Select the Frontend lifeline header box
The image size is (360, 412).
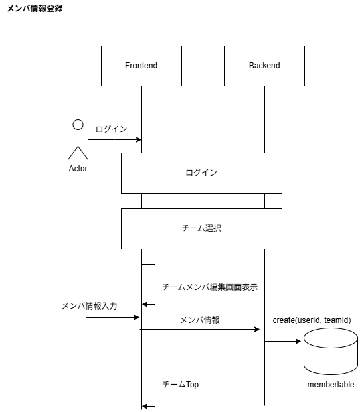[141, 66]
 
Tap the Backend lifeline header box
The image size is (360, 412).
[264, 66]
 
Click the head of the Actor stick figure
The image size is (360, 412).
[78, 125]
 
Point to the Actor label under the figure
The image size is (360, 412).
[78, 169]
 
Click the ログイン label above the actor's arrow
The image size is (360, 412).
[111, 129]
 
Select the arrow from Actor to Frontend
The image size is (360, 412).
[114, 139]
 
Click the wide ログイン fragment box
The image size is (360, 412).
[201, 173]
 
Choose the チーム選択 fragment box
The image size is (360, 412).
[201, 228]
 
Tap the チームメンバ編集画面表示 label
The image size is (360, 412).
[209, 287]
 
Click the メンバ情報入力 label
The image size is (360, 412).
[89, 305]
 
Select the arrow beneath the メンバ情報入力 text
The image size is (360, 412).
[112, 317]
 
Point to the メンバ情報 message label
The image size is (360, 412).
[200, 320]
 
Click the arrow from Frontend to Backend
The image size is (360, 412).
[200, 330]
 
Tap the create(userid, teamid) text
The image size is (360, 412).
[312, 320]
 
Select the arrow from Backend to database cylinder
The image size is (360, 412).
[283, 341]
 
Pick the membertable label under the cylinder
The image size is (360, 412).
[331, 385]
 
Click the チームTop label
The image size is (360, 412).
[181, 385]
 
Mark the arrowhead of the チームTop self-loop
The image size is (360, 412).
[145, 405]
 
